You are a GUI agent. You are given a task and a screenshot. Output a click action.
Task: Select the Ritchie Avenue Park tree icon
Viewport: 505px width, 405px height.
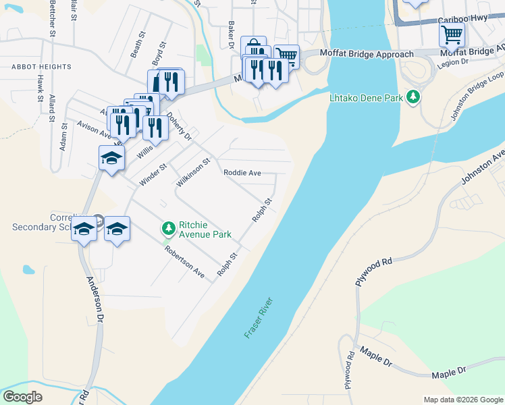tap(167, 229)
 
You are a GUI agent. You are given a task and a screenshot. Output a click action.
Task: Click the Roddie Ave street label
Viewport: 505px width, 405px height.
tap(242, 173)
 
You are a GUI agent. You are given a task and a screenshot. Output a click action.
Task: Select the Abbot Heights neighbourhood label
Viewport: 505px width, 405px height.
tap(41, 67)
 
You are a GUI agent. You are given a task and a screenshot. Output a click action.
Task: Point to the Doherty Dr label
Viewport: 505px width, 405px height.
tap(180, 126)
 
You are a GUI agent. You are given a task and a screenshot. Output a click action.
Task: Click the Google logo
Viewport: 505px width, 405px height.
tap(22, 397)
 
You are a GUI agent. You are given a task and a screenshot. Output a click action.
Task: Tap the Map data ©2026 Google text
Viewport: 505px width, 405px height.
tap(462, 400)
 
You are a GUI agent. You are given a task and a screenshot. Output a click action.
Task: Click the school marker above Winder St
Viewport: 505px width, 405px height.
tap(111, 159)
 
